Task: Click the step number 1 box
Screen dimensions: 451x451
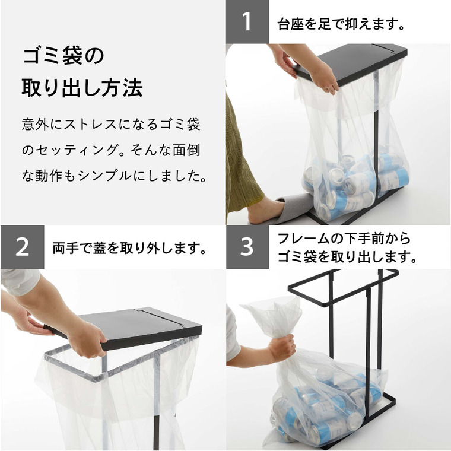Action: tap(247, 22)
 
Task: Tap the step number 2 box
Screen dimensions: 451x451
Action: tap(22, 247)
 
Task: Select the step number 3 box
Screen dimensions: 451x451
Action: tap(247, 247)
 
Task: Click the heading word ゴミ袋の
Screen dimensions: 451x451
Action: tap(63, 58)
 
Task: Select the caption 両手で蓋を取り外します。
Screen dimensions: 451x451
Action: tap(129, 247)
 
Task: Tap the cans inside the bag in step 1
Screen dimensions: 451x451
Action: tap(356, 181)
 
